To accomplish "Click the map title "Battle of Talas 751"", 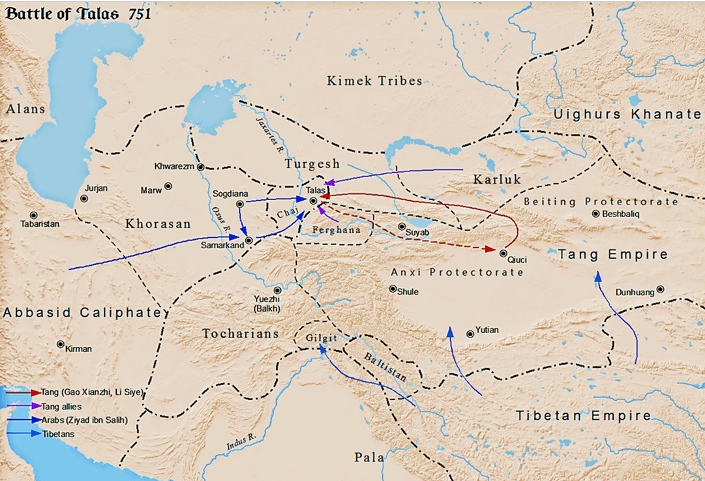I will (x=78, y=13).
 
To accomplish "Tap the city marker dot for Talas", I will (x=313, y=201).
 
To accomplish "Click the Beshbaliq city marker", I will (x=595, y=213).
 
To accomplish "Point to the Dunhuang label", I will (x=635, y=293).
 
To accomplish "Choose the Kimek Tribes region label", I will (x=374, y=81).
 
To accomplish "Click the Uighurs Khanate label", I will (x=627, y=115).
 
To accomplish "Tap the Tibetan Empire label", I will (x=583, y=416).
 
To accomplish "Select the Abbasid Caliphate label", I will (x=82, y=313).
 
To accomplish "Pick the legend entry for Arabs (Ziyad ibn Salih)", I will (x=84, y=419).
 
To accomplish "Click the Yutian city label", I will (x=487, y=330).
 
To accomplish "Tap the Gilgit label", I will (x=321, y=338).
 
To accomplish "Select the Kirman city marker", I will (x=61, y=344).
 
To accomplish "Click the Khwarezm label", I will (x=174, y=166).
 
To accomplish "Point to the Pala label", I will (x=369, y=457).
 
